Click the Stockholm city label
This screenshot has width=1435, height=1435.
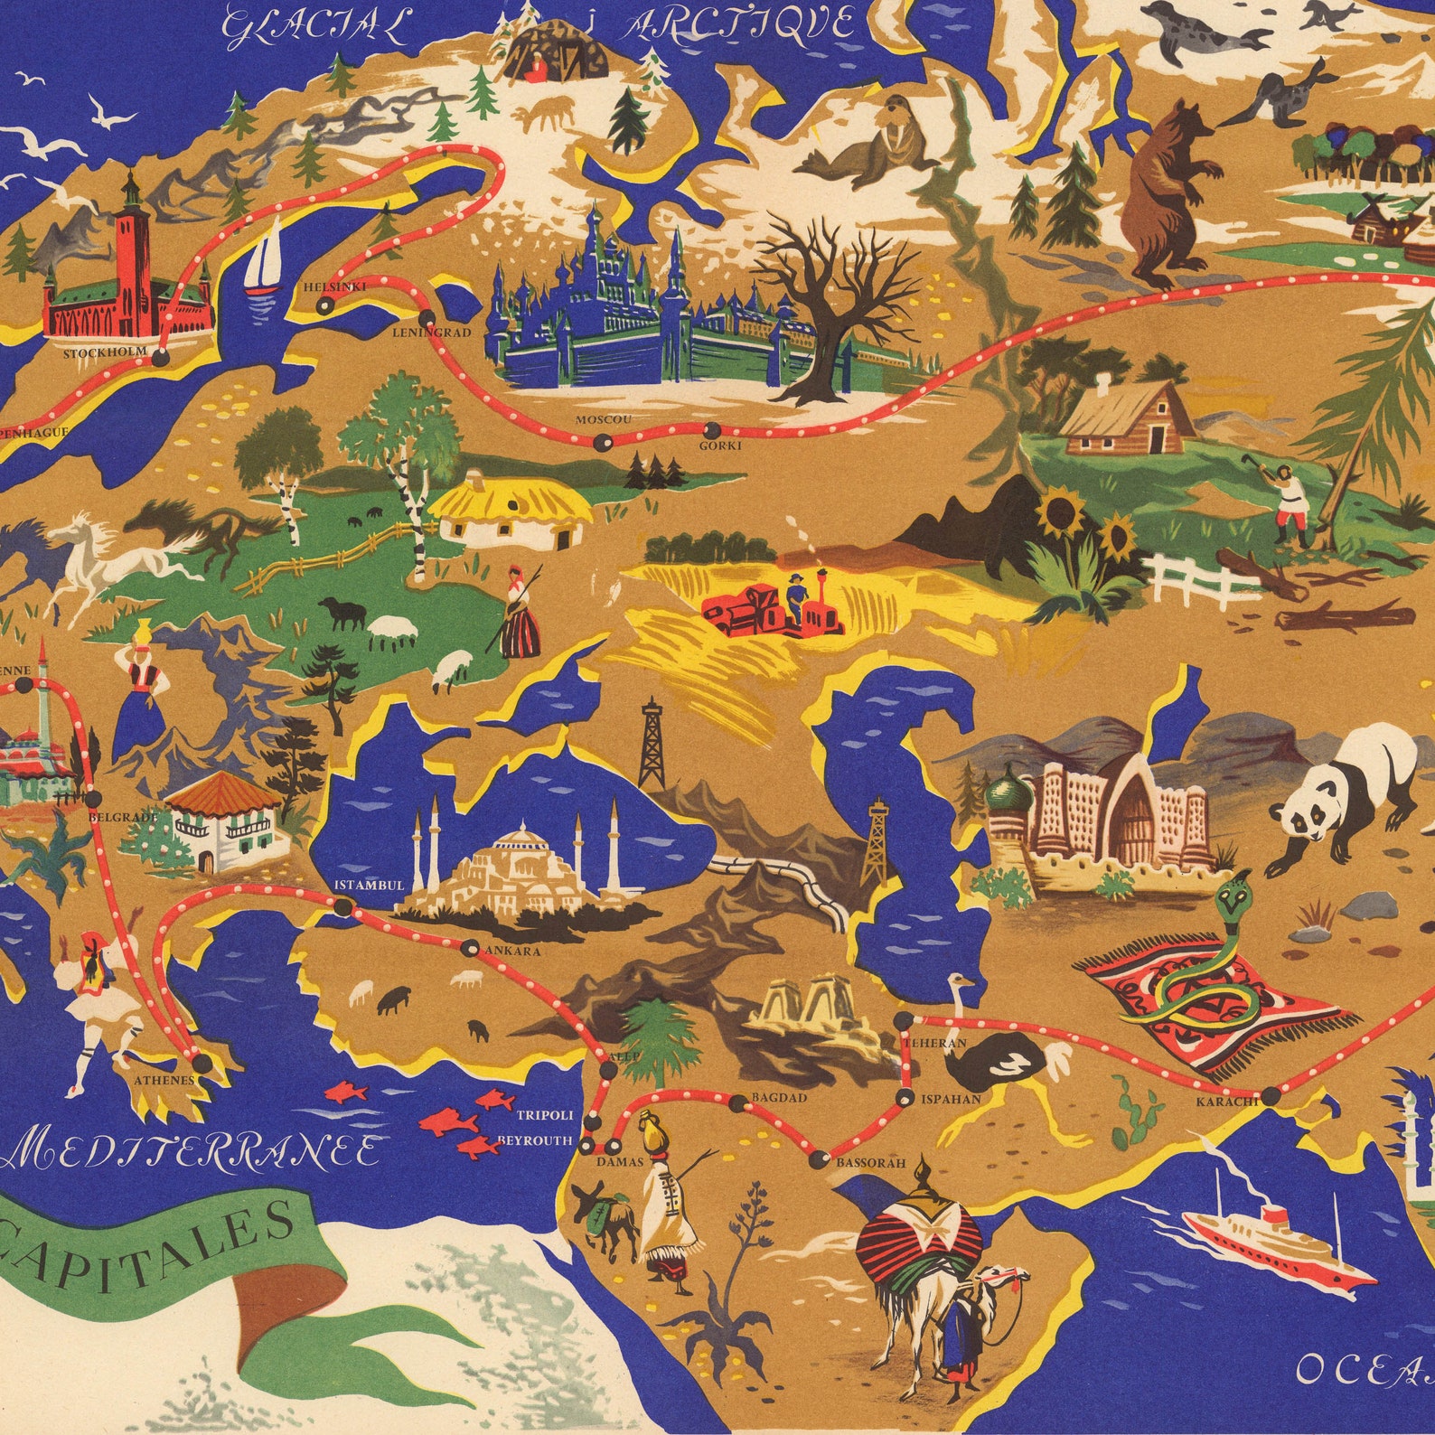point(104,353)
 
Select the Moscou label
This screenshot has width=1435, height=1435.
point(603,420)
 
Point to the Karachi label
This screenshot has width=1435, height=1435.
point(1226,1102)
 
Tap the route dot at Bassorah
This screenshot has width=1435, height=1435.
point(820,1158)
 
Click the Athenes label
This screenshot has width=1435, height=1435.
point(164,1080)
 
